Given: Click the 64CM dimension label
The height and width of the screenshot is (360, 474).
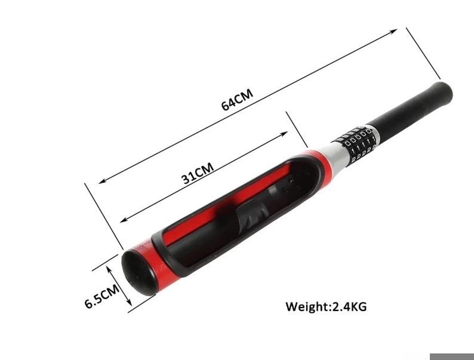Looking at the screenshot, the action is click(238, 100).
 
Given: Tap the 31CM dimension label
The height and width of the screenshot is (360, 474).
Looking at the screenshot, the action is click(198, 173).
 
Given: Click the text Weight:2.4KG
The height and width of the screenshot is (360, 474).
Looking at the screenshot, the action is click(326, 306).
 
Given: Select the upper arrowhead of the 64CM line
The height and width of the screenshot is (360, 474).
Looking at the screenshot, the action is click(393, 31).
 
